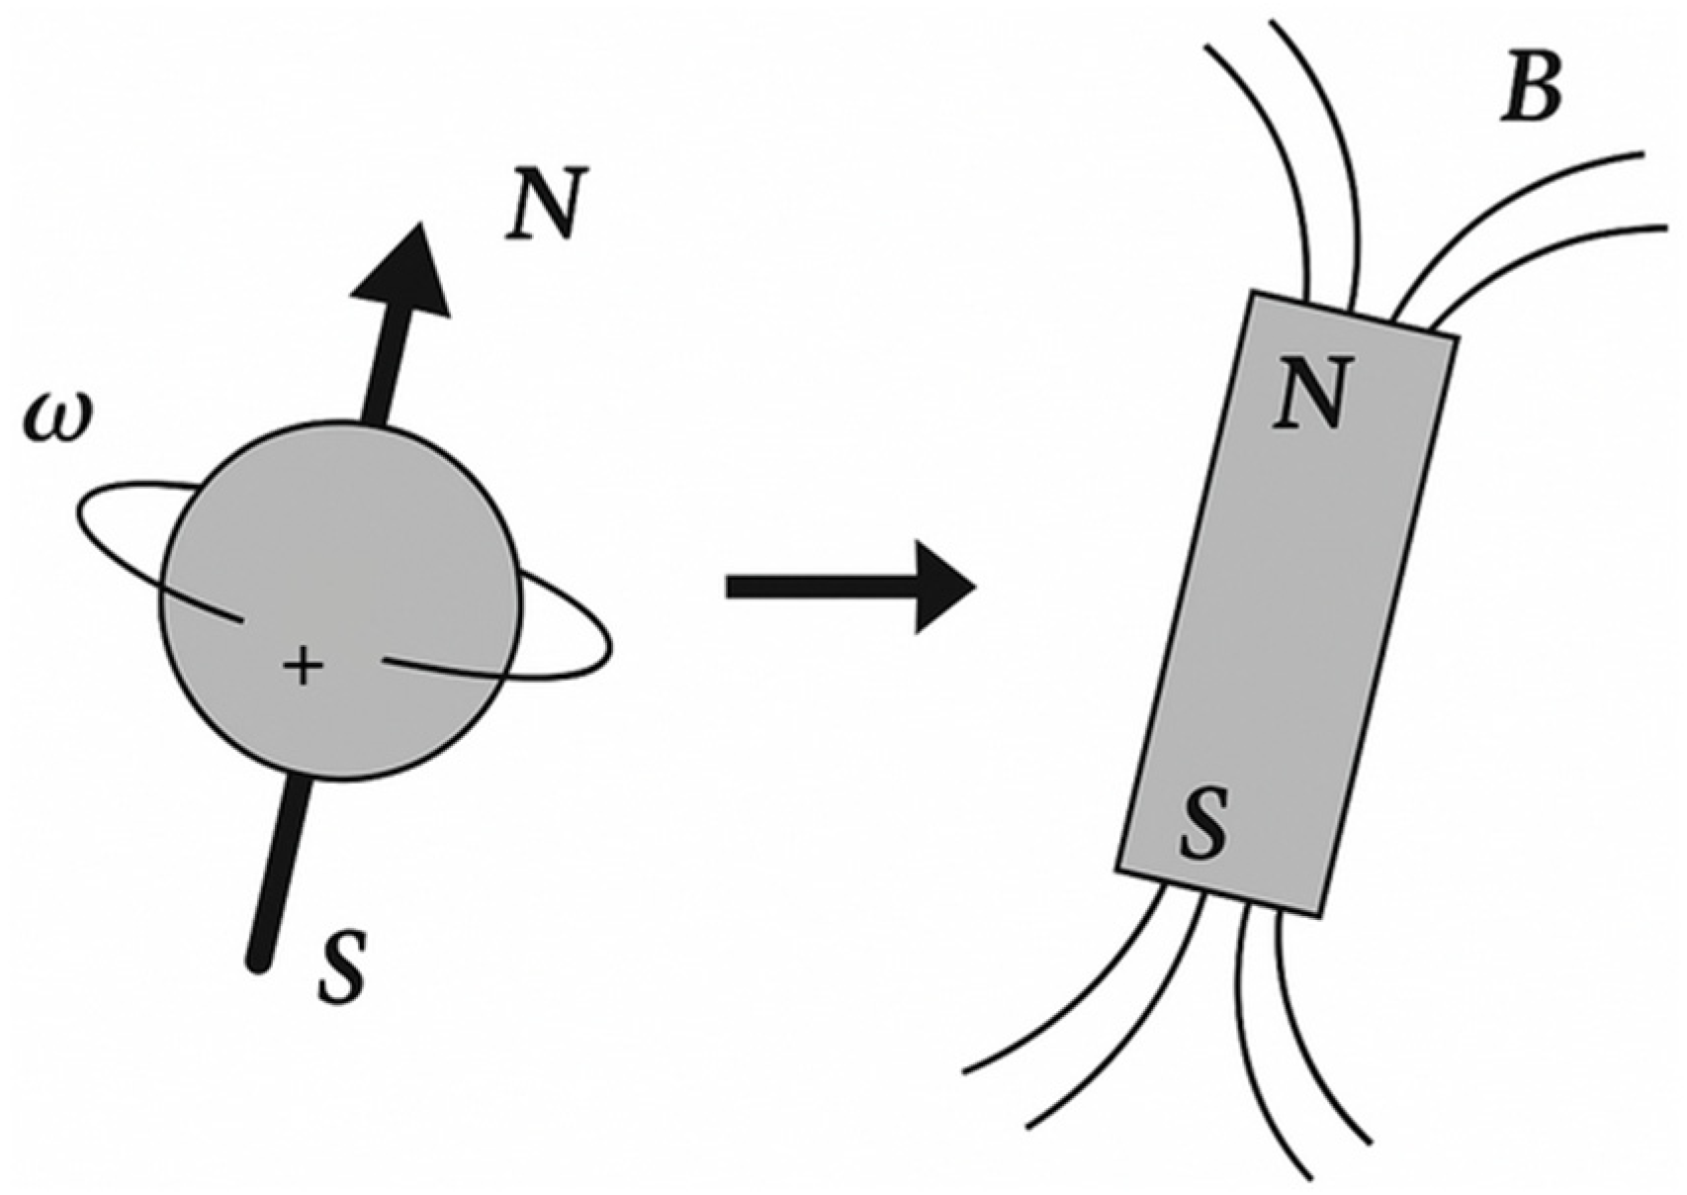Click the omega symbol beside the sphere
[56, 419]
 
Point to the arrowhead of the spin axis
[406, 272]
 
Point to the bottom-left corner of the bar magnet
[1118, 871]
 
